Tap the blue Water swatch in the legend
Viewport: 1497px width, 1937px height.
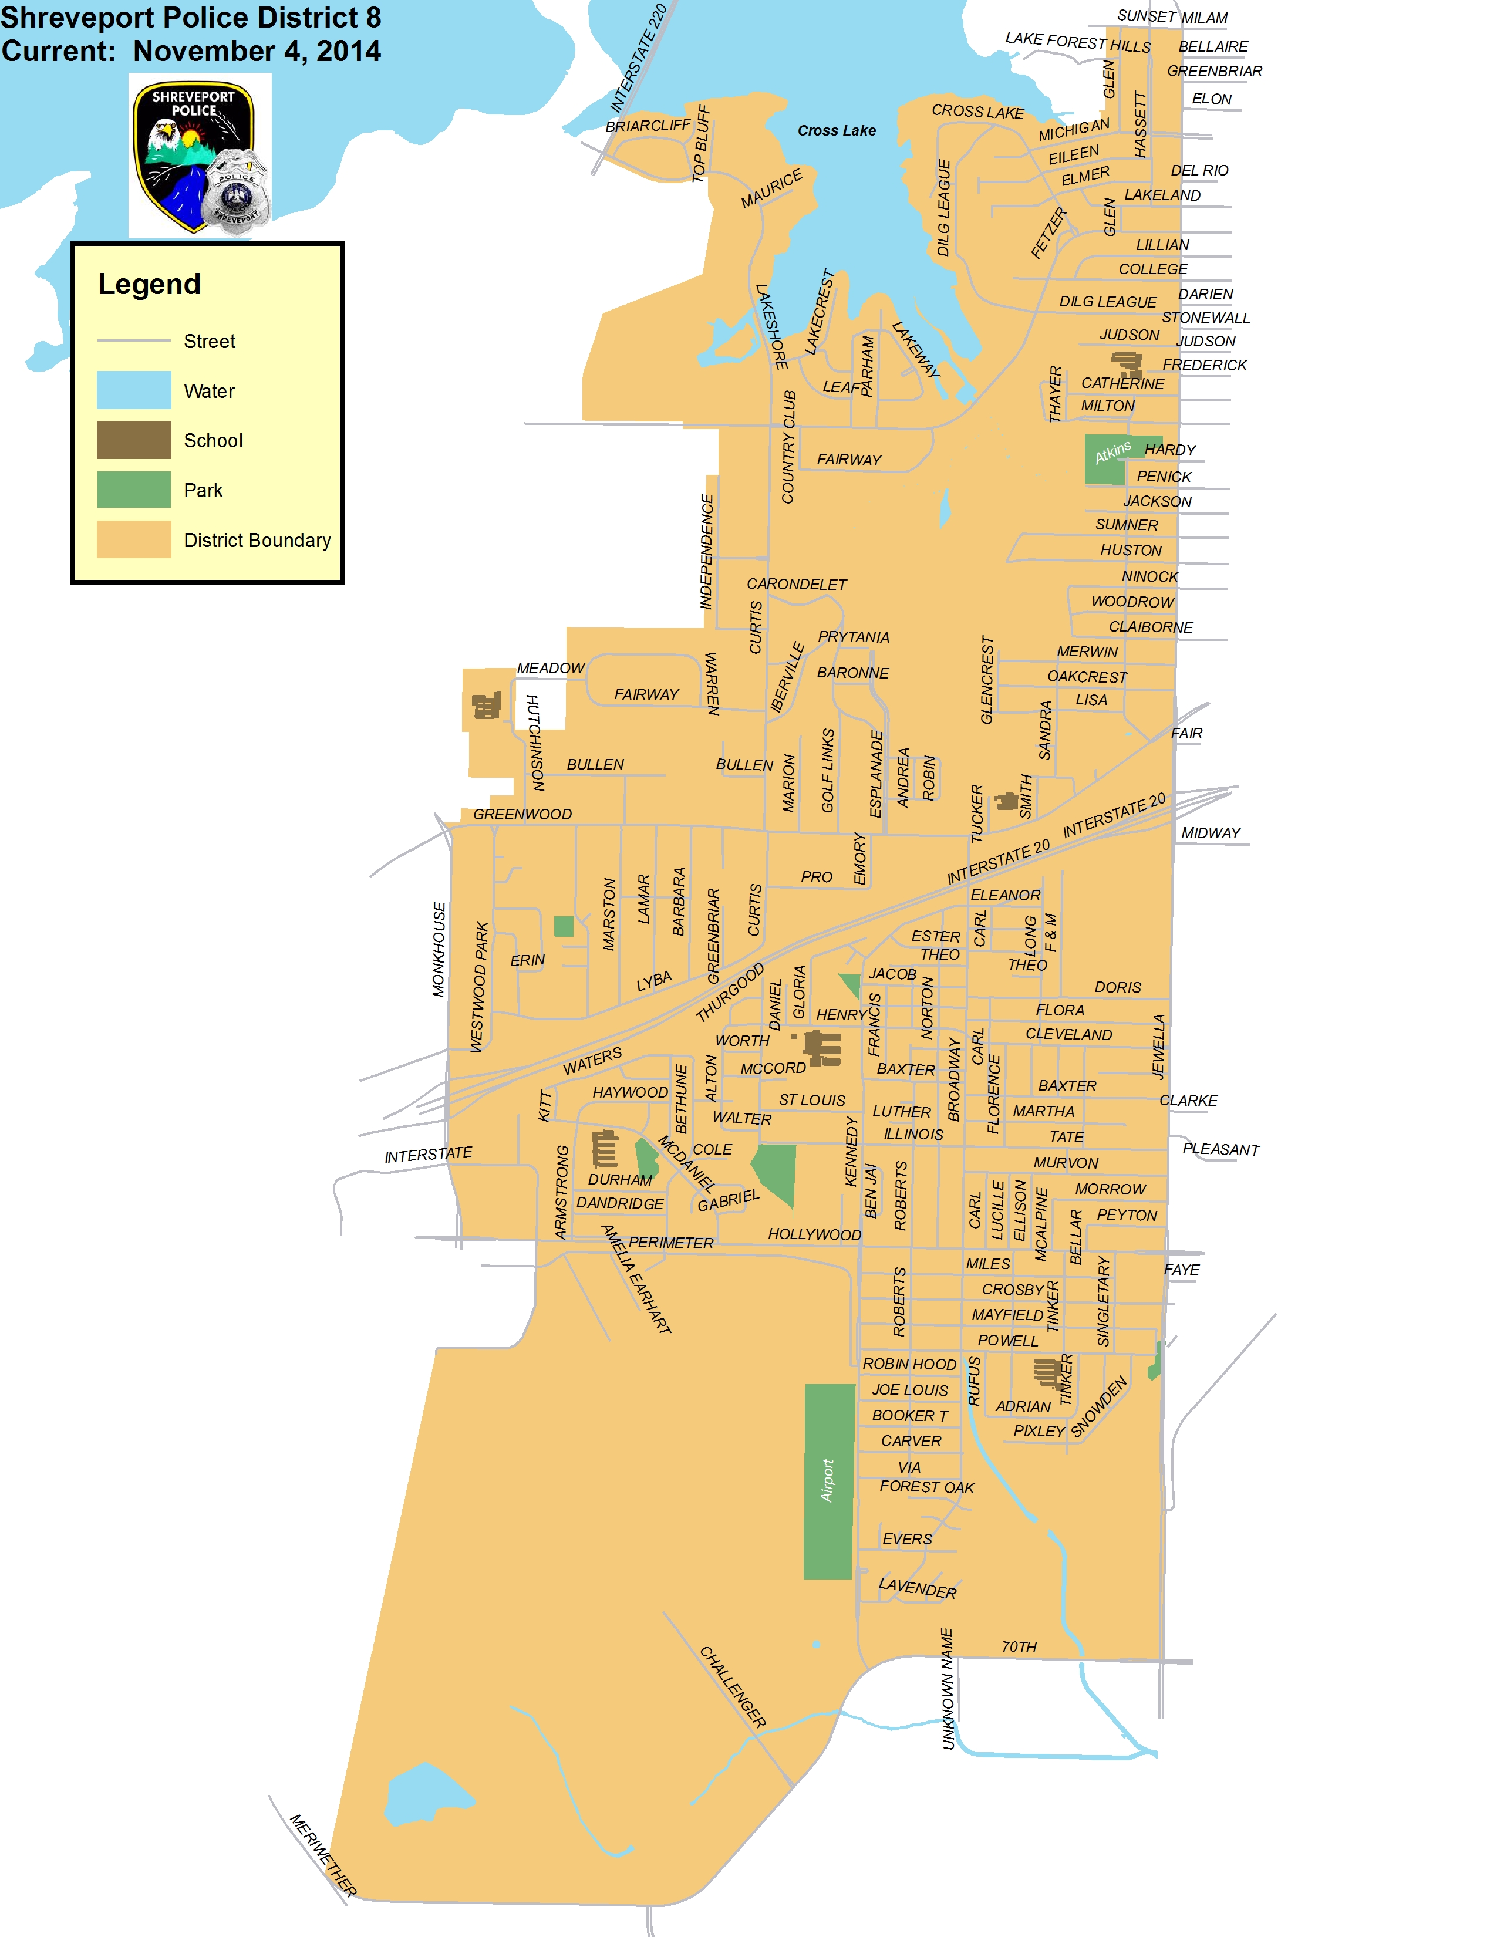134,390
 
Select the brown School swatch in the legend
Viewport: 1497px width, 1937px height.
134,440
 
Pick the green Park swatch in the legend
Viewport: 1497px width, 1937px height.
134,490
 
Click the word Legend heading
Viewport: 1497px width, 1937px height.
149,285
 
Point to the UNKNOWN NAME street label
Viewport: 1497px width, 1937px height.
947,1689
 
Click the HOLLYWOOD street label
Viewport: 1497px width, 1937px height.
814,1234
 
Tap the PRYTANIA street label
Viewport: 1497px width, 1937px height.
853,637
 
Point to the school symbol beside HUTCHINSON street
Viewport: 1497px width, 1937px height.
486,706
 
